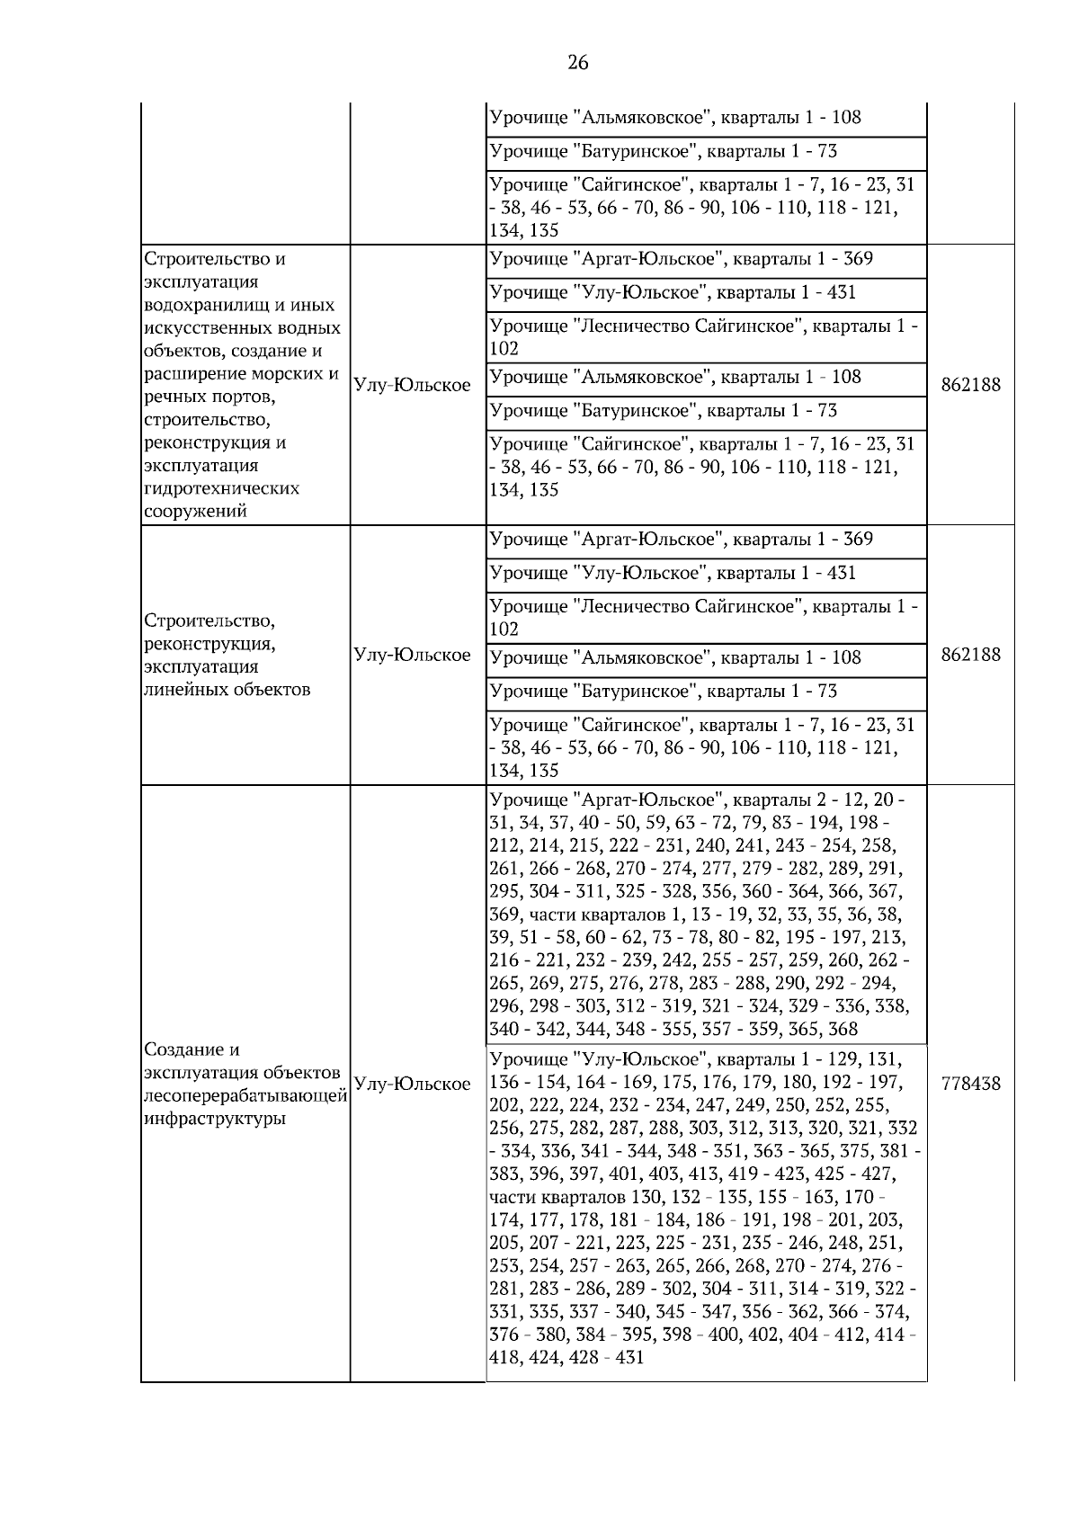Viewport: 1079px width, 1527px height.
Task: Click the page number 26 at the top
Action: [578, 62]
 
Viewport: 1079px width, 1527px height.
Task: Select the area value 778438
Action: [970, 1085]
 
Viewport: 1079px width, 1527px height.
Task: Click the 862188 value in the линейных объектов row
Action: [970, 655]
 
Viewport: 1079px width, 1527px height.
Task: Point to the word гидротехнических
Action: [221, 488]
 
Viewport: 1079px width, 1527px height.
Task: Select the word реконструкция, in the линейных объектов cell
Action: [210, 644]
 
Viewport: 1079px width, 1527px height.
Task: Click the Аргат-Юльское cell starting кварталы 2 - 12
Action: [705, 914]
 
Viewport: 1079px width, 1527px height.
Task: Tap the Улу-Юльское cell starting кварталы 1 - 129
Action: [705, 1210]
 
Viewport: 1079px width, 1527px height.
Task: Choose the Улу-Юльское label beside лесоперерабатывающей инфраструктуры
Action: [413, 1085]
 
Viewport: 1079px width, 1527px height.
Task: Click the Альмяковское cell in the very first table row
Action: [674, 118]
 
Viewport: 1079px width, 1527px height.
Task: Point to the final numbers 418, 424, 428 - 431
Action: [566, 1358]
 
